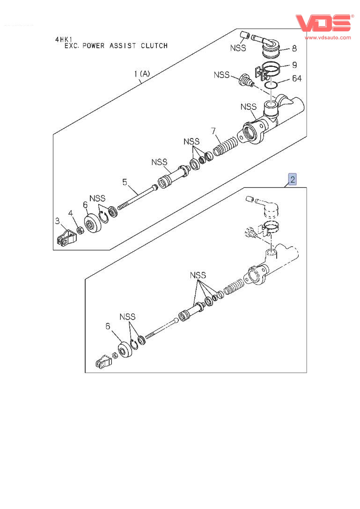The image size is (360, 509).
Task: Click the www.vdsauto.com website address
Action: (x=328, y=37)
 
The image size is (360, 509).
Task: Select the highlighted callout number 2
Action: (x=292, y=179)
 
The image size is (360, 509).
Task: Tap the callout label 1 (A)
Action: (x=142, y=73)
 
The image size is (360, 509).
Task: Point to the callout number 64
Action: (x=297, y=78)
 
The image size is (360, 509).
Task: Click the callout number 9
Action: (x=294, y=65)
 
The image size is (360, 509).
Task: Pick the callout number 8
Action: (x=294, y=48)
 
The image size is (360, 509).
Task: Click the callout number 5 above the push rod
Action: (x=125, y=182)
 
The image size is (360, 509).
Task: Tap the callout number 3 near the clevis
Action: (x=57, y=220)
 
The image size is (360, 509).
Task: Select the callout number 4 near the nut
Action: (x=70, y=213)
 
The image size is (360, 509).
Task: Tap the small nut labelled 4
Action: (x=80, y=230)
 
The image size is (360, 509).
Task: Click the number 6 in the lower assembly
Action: (x=108, y=326)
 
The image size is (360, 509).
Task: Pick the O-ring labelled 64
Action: (x=271, y=85)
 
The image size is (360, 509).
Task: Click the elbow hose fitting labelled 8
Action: (x=267, y=43)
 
